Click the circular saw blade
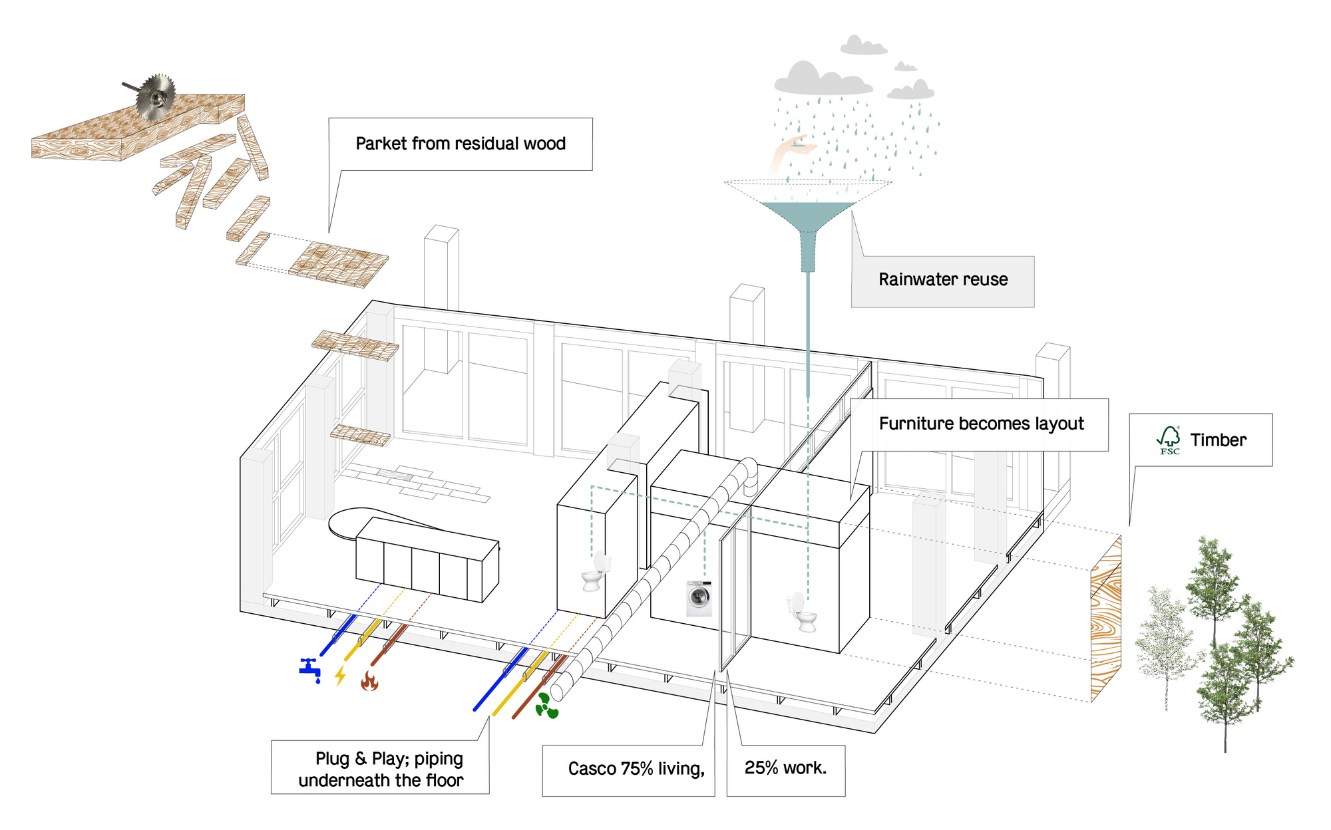(156, 97)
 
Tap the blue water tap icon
(309, 669)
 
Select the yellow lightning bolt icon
(341, 675)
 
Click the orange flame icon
(369, 680)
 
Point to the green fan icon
(546, 706)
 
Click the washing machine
(699, 598)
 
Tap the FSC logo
(1169, 440)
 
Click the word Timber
(1218, 440)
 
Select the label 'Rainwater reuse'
(943, 280)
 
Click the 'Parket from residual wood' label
(461, 144)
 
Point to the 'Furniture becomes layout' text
(981, 424)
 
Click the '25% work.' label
(785, 768)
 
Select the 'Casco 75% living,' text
(636, 769)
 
